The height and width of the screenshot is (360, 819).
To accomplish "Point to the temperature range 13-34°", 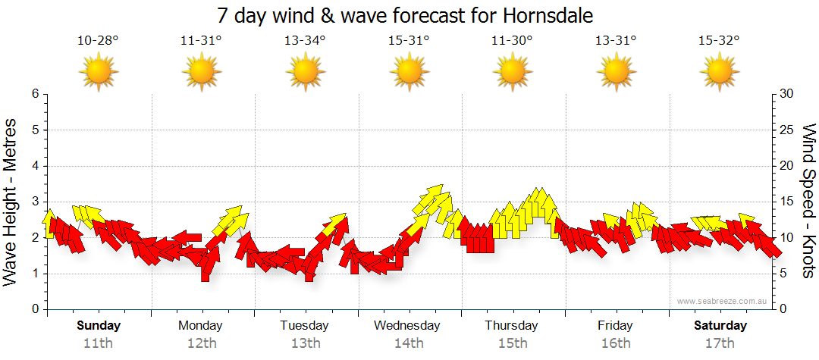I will pyautogui.click(x=305, y=41).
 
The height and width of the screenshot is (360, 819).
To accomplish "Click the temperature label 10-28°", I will pyautogui.click(x=98, y=41).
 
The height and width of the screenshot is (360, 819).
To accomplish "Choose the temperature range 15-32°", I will pyautogui.click(x=719, y=41).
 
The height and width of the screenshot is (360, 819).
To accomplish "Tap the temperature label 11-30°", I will pyautogui.click(x=512, y=41).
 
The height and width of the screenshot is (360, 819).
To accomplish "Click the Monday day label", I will pyautogui.click(x=200, y=326).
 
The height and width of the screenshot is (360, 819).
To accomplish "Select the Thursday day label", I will pyautogui.click(x=512, y=326).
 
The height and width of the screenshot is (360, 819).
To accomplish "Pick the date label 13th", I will pyautogui.click(x=305, y=343).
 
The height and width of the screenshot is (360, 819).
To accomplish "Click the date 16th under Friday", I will pyautogui.click(x=615, y=343).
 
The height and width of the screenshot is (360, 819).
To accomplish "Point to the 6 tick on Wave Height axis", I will pyautogui.click(x=35, y=94).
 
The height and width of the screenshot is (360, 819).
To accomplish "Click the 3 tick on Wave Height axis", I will pyautogui.click(x=35, y=202).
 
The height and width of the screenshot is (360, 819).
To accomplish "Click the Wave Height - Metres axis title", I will pyautogui.click(x=11, y=201).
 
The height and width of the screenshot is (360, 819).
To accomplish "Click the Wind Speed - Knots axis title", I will pyautogui.click(x=808, y=201).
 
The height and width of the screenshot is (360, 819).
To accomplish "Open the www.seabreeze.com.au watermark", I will pyautogui.click(x=723, y=302).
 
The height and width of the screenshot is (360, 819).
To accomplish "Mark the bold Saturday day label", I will pyautogui.click(x=720, y=326).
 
